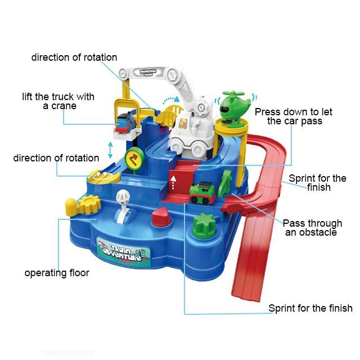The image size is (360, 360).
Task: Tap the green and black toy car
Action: tap(203, 192)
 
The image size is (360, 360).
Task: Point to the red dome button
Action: tap(160, 217)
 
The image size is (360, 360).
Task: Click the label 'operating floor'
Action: tap(56, 273)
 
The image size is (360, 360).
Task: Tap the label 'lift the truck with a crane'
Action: tap(58, 101)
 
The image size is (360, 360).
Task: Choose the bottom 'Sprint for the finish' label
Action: tap(310, 308)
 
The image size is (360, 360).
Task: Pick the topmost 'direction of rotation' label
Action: tap(74, 57)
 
